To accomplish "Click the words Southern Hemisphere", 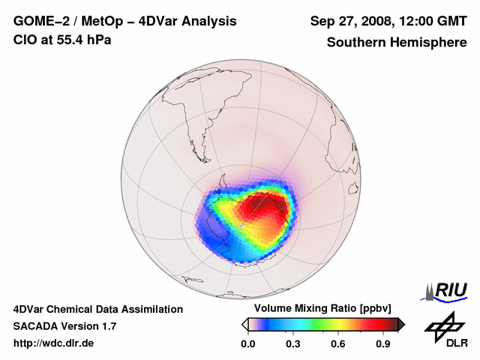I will [396, 43].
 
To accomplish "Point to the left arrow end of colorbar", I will [244, 324].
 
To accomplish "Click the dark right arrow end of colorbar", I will [401, 324].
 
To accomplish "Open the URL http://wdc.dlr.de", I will [54, 343].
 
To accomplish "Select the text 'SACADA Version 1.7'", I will [64, 326].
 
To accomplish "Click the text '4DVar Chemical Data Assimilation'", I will [97, 309].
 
